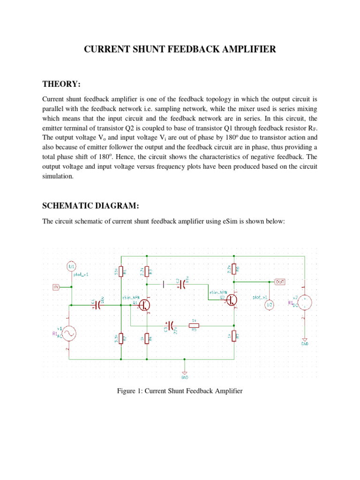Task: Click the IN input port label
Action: (x=56, y=287)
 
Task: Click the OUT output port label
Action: (x=280, y=282)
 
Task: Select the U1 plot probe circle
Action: (x=72, y=266)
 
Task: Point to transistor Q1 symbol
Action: (x=144, y=305)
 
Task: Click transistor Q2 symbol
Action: (x=231, y=298)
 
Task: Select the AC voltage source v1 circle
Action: (x=70, y=334)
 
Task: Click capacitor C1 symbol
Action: (x=97, y=305)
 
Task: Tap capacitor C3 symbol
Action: (x=170, y=325)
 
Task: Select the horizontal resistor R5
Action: (x=194, y=325)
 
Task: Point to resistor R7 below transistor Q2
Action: (x=234, y=336)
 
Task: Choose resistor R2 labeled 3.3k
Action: (x=121, y=337)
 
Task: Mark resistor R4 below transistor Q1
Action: (x=147, y=337)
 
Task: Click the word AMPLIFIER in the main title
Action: (x=245, y=49)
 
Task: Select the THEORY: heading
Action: (x=61, y=84)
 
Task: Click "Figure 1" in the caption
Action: (x=129, y=390)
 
